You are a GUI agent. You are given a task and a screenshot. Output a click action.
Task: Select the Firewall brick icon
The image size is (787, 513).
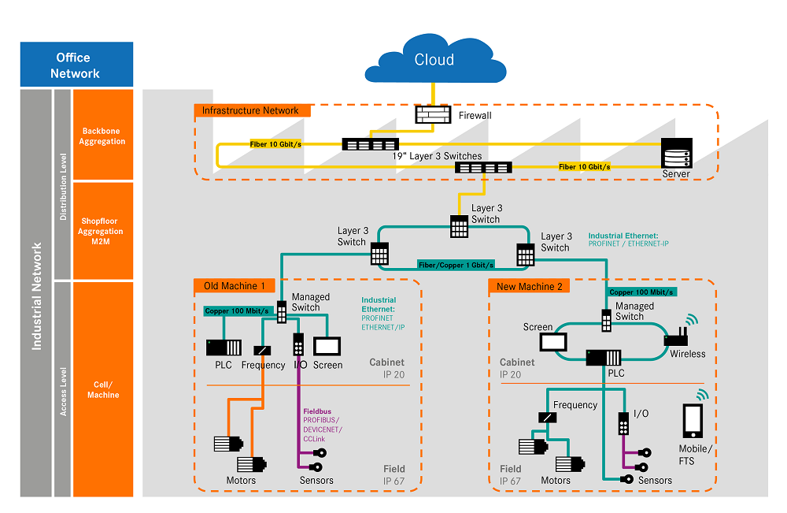tap(430, 115)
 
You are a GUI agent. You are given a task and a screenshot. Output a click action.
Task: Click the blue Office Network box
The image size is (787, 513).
tap(76, 65)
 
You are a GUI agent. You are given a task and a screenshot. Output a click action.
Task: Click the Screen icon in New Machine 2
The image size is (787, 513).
tap(553, 342)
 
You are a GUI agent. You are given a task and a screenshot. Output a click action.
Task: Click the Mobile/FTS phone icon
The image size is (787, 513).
tap(693, 422)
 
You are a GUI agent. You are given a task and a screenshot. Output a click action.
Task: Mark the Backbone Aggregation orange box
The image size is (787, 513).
tap(102, 136)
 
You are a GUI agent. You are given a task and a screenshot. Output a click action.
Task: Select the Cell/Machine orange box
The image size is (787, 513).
tap(102, 389)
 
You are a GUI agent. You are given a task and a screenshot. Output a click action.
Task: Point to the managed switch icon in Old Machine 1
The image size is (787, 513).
tap(281, 312)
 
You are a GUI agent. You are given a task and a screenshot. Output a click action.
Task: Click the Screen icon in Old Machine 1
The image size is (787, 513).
tap(326, 346)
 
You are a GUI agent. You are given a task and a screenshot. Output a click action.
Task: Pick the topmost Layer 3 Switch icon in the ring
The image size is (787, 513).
tap(460, 226)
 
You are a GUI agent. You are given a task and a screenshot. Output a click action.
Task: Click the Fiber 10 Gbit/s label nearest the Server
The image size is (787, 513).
tap(585, 167)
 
